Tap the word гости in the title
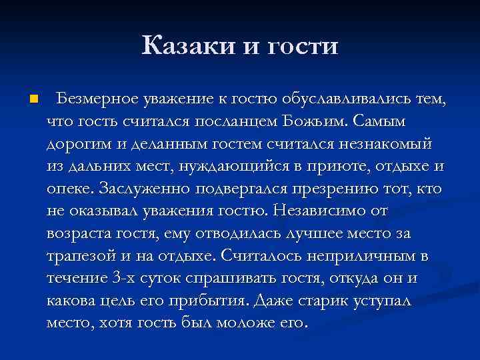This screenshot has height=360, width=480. [x=302, y=47]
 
